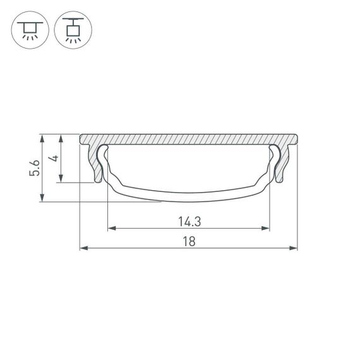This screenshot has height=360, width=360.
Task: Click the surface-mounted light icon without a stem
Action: tap(29, 29)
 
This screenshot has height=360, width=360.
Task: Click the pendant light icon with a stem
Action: tap(71, 29)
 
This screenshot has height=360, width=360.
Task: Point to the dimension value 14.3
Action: tap(189, 222)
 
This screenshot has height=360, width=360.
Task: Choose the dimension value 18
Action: tap(189, 241)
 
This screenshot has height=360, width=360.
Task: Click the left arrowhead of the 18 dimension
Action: tap(83, 248)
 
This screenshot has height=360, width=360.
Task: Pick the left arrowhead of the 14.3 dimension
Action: tap(111, 228)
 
